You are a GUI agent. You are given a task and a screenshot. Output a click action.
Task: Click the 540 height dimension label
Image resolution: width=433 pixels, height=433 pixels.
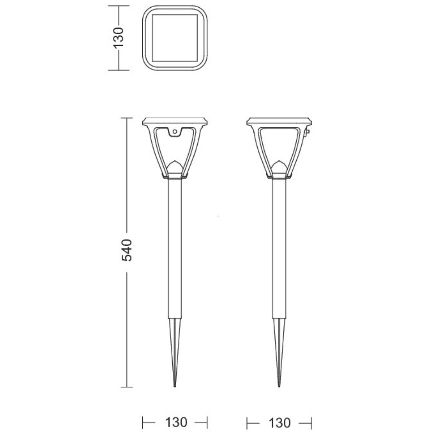click(x=127, y=250)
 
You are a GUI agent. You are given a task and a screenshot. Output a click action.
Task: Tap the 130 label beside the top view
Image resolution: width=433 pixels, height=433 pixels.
click(x=118, y=38)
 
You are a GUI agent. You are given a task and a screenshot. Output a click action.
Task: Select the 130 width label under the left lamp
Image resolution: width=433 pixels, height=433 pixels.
click(x=176, y=422)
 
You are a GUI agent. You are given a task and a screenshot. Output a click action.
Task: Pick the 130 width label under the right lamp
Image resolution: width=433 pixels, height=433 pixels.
click(x=280, y=423)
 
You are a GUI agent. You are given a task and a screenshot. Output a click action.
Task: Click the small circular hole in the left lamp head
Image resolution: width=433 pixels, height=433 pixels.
click(x=175, y=132)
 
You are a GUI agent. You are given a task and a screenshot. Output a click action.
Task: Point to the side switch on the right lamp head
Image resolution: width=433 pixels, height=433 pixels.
click(x=307, y=132)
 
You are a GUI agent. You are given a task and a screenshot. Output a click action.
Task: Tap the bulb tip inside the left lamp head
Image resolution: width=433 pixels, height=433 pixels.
click(x=175, y=162)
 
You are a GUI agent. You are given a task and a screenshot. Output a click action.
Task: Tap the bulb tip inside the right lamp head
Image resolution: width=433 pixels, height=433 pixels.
click(x=279, y=162)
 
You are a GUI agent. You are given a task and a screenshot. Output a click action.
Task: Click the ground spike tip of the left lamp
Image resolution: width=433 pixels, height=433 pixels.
click(x=175, y=386)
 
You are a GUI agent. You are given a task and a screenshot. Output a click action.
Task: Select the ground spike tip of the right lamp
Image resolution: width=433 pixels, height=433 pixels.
click(x=279, y=386)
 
